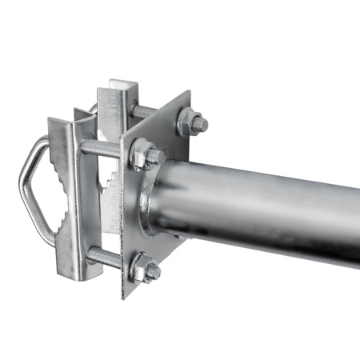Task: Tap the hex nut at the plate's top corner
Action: coord(191,122)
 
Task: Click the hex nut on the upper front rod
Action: coord(143,154)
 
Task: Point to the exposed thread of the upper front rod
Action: coord(101,148)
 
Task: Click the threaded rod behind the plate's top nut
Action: coord(144,112)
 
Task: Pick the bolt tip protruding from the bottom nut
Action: coord(153,272)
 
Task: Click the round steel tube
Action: coord(264,204)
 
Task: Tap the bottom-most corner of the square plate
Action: coord(124,296)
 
